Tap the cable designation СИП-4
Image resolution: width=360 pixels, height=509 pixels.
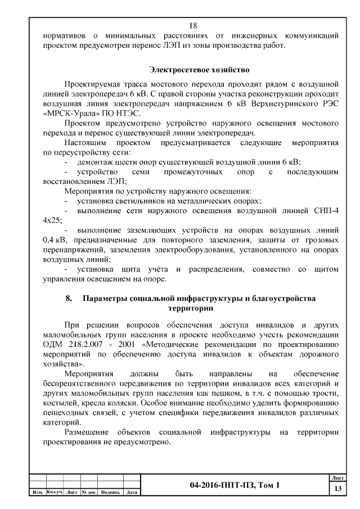pos(323,210)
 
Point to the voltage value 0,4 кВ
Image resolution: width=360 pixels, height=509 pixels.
pos(53,240)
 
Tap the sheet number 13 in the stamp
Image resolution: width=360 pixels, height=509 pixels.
pos(337,489)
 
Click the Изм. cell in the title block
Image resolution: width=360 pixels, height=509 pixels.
pos(38,493)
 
